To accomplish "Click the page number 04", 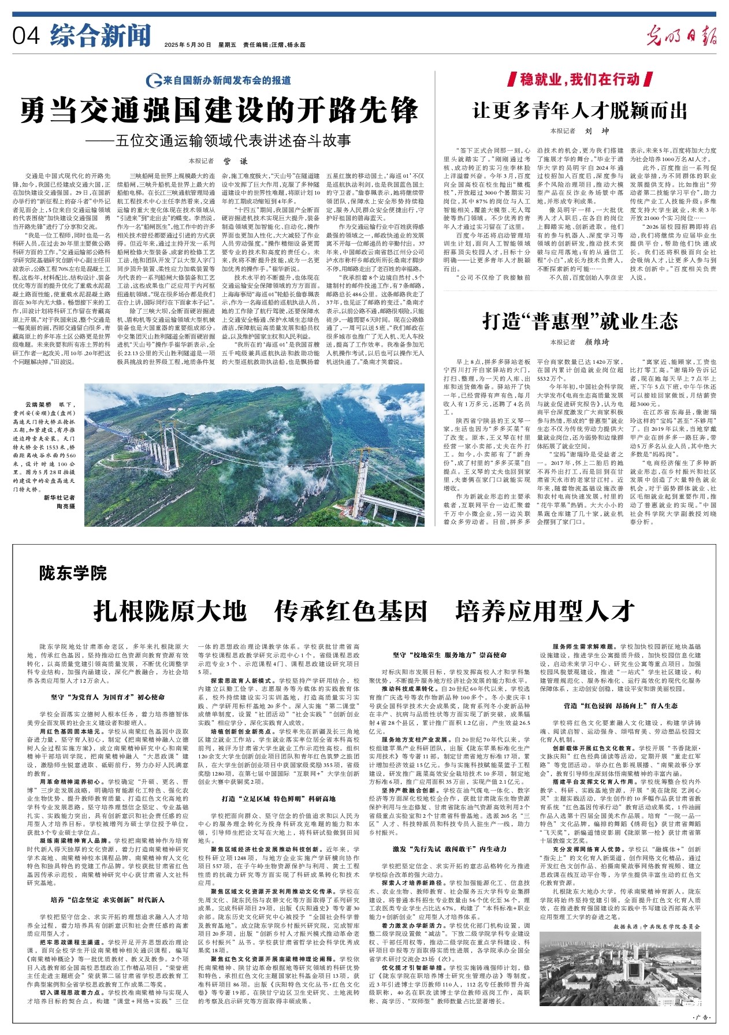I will point(26,36).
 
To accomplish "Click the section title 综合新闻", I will point(100,35).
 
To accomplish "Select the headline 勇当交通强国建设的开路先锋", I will point(219,110).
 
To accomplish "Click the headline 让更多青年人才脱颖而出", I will point(580,110).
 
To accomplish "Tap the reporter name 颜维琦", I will point(597,342).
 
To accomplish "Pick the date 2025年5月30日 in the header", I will point(188,44).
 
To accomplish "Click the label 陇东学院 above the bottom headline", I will point(73,574).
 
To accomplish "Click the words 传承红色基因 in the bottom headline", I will point(351,611).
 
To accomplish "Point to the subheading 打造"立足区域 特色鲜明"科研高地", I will point(278,799).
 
